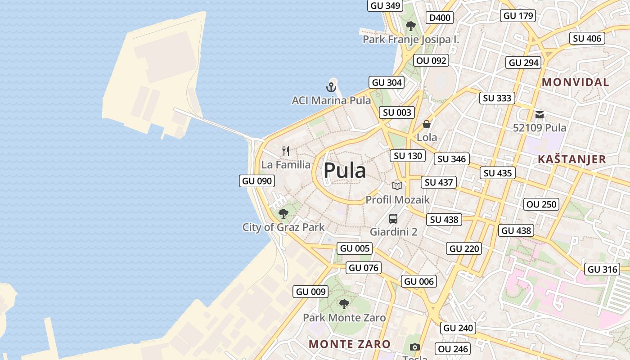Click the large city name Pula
pos(345,171)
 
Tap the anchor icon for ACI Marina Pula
pos(331,87)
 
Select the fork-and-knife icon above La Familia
pos(286,151)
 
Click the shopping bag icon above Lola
pos(426,124)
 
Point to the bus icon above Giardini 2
pos(393,219)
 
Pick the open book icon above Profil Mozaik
pos(397,186)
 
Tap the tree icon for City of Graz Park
pos(283,213)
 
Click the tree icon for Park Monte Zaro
pos(344,304)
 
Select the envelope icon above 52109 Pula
pos(540,115)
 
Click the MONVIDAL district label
pos(576,82)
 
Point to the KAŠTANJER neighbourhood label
pos(572,159)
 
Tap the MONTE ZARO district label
pos(350,344)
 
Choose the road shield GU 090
pos(257,181)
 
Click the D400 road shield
pos(440,18)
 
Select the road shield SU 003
pos(397,112)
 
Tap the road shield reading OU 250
pos(542,204)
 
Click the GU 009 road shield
pos(310,292)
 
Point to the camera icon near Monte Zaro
pos(415,347)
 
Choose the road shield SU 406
pos(587,39)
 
